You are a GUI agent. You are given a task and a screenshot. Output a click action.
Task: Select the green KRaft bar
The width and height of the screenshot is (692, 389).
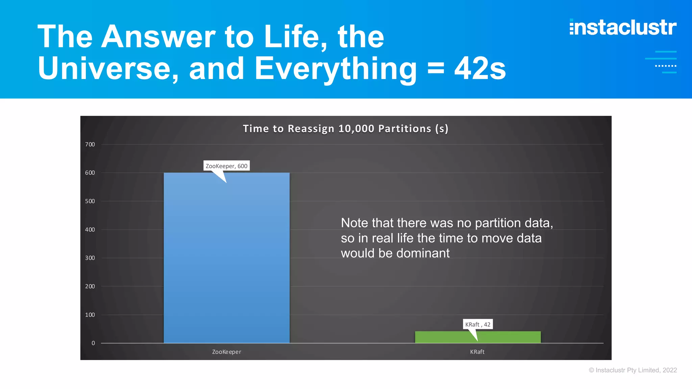pos(478,337)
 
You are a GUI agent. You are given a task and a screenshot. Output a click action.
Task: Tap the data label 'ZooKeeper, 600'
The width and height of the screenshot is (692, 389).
pos(226,166)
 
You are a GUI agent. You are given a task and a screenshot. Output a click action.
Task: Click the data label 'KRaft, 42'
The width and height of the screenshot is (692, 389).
pos(477,324)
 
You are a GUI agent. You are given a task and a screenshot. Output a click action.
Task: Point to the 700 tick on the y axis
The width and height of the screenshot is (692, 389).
pos(90,145)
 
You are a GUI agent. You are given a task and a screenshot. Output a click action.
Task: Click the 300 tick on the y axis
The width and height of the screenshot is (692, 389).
pos(90,258)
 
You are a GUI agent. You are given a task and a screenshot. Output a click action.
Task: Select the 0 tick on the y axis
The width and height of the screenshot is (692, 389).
pos(93,343)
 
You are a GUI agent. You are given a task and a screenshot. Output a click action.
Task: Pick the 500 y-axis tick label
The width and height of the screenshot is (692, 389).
pos(90,201)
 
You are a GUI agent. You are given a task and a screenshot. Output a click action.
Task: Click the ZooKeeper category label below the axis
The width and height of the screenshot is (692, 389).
pos(226,352)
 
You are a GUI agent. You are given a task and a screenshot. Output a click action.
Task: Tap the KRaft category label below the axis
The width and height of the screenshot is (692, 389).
pos(477,352)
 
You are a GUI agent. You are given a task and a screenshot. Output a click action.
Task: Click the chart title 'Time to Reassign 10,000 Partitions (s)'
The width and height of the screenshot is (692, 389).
pos(345,129)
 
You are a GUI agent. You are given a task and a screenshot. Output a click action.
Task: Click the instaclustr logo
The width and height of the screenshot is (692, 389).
pos(623,27)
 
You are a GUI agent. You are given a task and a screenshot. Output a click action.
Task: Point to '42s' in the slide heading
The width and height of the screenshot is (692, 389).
pos(480,69)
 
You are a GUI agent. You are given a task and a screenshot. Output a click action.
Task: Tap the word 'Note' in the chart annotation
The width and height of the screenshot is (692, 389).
pos(354,223)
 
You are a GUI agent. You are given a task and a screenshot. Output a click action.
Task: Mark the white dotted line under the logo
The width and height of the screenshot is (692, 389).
pos(665,66)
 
